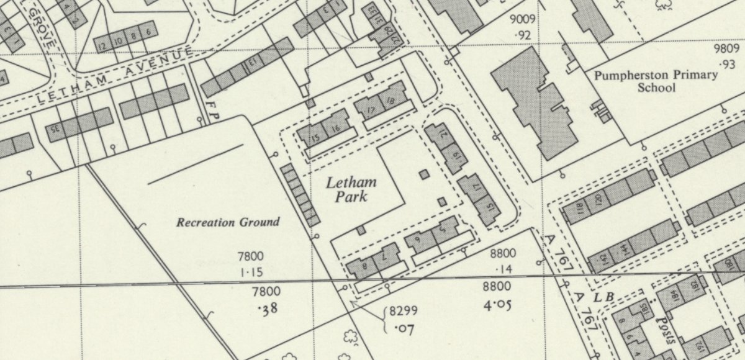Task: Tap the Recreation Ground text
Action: pyautogui.click(x=228, y=222)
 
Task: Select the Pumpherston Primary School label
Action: pyautogui.click(x=656, y=81)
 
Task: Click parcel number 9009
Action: pyautogui.click(x=522, y=19)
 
